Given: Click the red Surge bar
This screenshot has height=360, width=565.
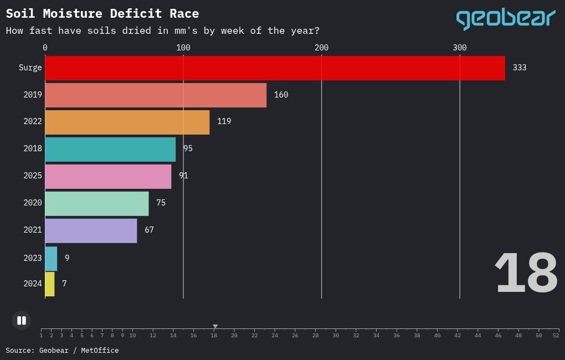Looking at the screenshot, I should [x=275, y=68].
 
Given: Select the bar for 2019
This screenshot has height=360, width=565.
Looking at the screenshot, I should [x=156, y=95].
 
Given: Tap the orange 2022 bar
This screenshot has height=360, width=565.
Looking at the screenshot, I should [x=127, y=122].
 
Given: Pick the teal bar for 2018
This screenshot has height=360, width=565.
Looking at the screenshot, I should [x=110, y=150].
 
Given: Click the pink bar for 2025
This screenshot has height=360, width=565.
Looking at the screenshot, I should [x=108, y=177].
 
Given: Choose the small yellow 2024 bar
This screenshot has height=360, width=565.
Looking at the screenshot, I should [x=50, y=284].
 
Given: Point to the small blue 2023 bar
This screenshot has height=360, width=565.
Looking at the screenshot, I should [x=51, y=259].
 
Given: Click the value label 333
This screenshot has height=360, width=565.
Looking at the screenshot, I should [x=519, y=68].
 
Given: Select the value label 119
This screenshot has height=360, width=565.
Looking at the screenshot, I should [x=224, y=121].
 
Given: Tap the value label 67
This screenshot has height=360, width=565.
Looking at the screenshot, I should [x=149, y=230].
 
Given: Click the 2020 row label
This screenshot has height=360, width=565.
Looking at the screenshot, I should [x=33, y=203].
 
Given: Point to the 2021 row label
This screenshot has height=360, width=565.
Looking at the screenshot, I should [x=33, y=230].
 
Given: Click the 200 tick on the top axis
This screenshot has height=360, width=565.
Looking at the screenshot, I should [x=321, y=48].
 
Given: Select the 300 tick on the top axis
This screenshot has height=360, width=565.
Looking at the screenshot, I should [x=459, y=48].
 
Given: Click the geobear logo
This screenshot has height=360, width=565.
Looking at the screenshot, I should [x=505, y=19].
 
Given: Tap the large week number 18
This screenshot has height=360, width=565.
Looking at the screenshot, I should [x=525, y=273].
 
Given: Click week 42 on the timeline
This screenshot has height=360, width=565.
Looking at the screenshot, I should [x=458, y=335].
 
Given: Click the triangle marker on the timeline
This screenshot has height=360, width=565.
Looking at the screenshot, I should [x=215, y=327].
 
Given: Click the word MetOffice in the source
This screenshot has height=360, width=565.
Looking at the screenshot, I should [x=100, y=351].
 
